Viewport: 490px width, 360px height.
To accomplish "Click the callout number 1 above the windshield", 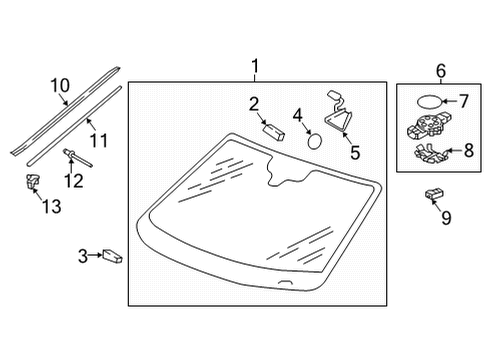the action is pyautogui.click(x=255, y=66).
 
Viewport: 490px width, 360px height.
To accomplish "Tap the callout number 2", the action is pyautogui.click(x=254, y=104).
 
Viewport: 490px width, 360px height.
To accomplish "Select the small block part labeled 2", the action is pyautogui.click(x=274, y=131).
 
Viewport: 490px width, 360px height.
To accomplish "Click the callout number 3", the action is pyautogui.click(x=83, y=256).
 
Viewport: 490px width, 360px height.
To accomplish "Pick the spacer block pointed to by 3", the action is pyautogui.click(x=112, y=256).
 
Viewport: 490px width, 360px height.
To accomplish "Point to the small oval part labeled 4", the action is pyautogui.click(x=314, y=141).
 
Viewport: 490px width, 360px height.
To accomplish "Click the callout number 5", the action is pyautogui.click(x=355, y=153).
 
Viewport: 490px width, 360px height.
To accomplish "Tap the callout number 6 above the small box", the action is pyautogui.click(x=441, y=71).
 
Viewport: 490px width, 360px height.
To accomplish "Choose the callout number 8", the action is pyautogui.click(x=469, y=150).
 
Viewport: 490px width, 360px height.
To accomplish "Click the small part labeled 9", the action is pyautogui.click(x=434, y=194).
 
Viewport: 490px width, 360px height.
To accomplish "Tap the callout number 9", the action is pyautogui.click(x=446, y=218).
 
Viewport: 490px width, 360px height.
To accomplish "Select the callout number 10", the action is pyautogui.click(x=60, y=85).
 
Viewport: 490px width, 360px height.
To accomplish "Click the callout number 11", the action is pyautogui.click(x=99, y=140).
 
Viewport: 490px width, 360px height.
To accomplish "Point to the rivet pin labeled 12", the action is pyautogui.click(x=77, y=158).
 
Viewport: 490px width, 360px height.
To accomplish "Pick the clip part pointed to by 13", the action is pyautogui.click(x=32, y=182).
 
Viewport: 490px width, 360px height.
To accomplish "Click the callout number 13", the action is pyautogui.click(x=52, y=206).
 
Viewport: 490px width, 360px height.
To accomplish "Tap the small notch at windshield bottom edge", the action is pyautogui.click(x=286, y=282).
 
